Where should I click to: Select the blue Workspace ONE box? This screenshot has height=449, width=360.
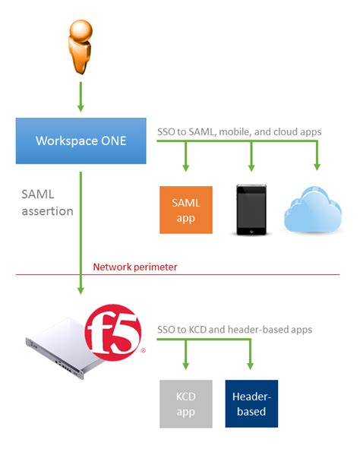click(81, 141)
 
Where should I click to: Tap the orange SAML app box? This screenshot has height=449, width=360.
click(185, 210)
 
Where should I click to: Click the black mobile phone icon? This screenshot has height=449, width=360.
click(251, 210)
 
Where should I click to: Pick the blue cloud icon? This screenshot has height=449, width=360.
click(317, 210)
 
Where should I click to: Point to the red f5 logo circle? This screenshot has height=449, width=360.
click(114, 333)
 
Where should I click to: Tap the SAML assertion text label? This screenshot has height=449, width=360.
click(47, 203)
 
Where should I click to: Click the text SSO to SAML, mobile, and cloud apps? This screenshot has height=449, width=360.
click(238, 131)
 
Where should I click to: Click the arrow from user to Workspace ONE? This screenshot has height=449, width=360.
click(81, 96)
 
